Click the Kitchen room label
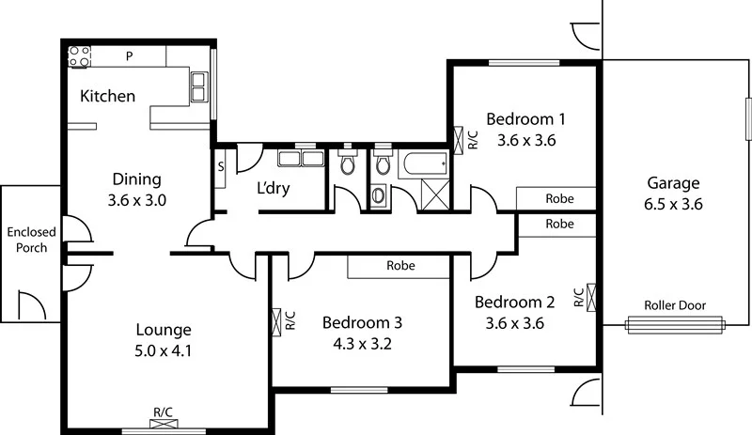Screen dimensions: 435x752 (107, 96)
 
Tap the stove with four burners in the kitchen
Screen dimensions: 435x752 (78, 55)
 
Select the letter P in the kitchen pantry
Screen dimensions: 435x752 (130, 55)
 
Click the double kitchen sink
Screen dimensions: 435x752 (199, 86)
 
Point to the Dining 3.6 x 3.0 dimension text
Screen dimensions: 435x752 (137, 199)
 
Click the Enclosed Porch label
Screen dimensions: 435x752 (31, 240)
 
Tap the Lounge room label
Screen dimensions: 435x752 (164, 330)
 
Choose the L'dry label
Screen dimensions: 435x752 (273, 188)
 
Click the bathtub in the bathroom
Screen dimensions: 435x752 (424, 166)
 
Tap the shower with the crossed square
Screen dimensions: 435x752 (434, 195)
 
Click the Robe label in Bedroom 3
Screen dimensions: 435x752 (400, 266)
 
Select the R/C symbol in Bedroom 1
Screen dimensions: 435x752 (464, 139)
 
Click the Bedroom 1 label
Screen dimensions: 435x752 (525, 119)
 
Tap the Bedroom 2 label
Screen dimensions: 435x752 (513, 303)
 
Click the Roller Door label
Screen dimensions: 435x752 (675, 305)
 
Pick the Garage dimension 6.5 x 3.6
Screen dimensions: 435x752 (673, 203)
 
